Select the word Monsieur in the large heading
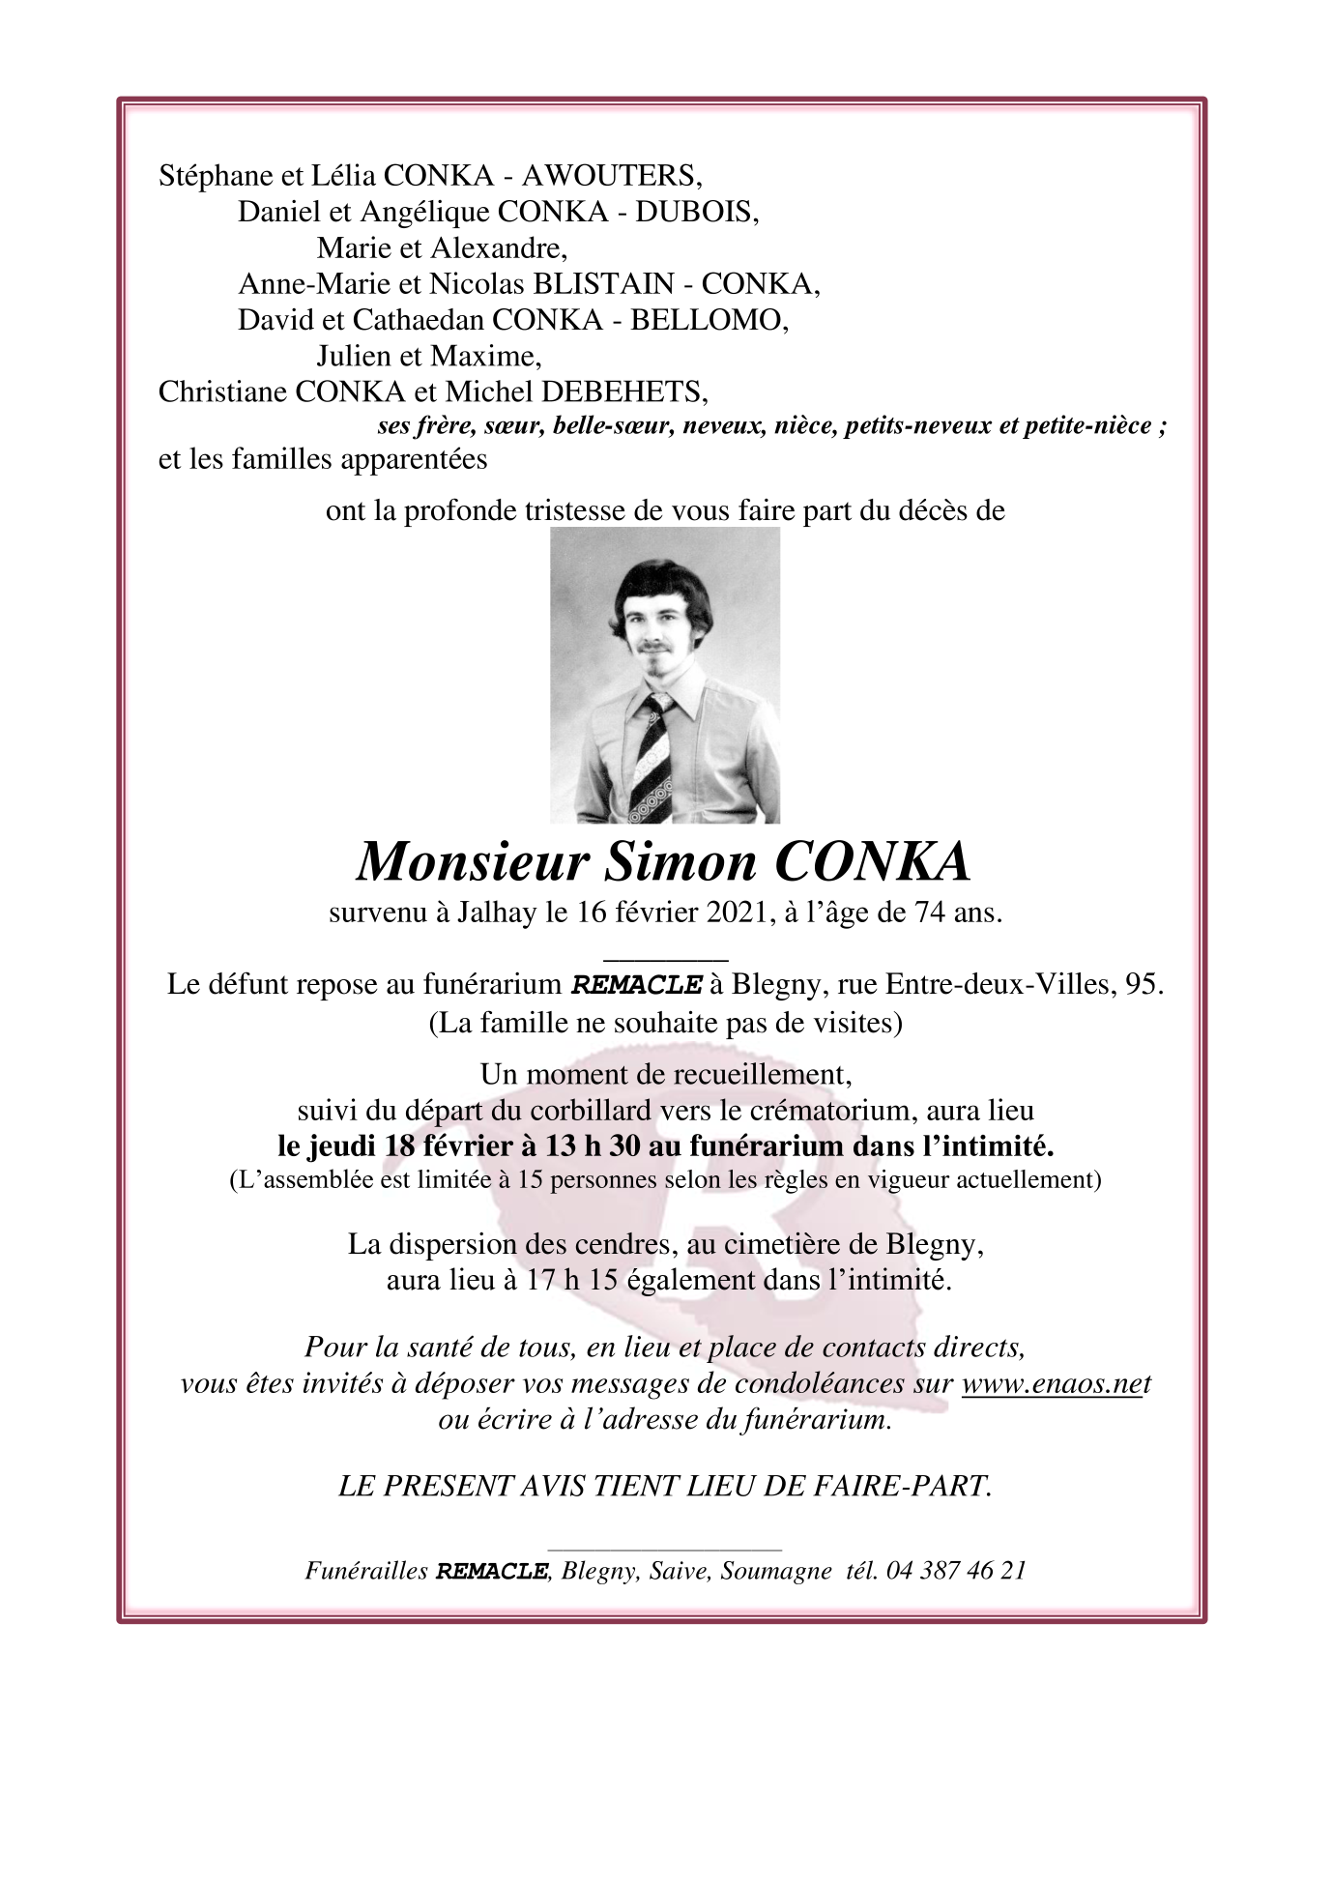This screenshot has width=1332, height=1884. pyautogui.click(x=473, y=862)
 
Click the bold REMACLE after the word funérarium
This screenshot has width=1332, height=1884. pyautogui.click(x=636, y=986)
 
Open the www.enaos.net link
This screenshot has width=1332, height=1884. pyautogui.click(x=1057, y=1384)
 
